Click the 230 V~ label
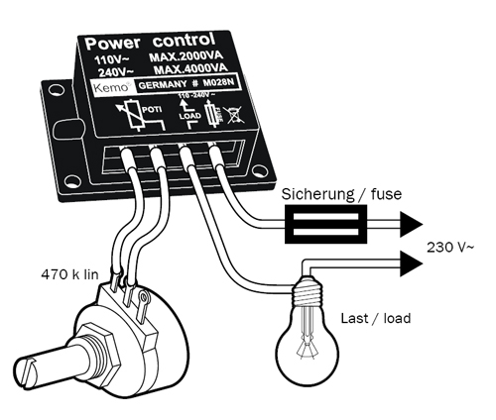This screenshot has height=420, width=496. (445, 245)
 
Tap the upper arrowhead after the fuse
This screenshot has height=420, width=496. (416, 223)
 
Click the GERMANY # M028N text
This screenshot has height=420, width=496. (188, 88)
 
